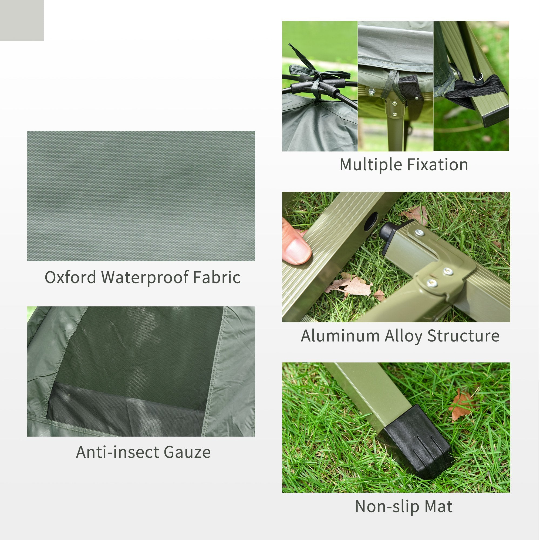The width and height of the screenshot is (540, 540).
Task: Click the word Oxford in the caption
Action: coord(70,278)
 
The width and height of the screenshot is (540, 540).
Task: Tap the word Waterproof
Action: coord(144,278)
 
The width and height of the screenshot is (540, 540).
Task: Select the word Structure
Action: coord(463,336)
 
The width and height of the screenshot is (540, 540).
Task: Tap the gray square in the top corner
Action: coord(22,20)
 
